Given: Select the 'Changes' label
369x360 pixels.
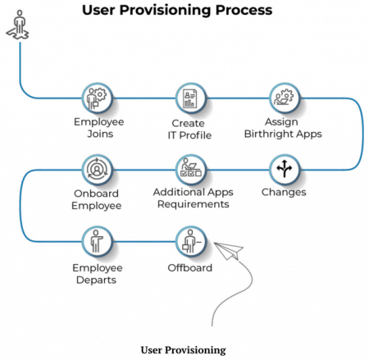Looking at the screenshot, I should tap(284, 193).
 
